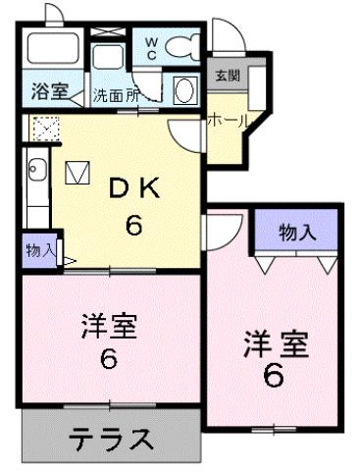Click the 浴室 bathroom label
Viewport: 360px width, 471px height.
[48, 92]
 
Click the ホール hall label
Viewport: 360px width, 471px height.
[227, 119]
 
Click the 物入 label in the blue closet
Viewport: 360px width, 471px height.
[297, 233]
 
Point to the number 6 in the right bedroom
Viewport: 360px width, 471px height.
[274, 375]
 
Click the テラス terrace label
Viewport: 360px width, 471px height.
[110, 440]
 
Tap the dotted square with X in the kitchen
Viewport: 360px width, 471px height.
[44, 128]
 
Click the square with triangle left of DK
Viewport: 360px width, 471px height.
[77, 174]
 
